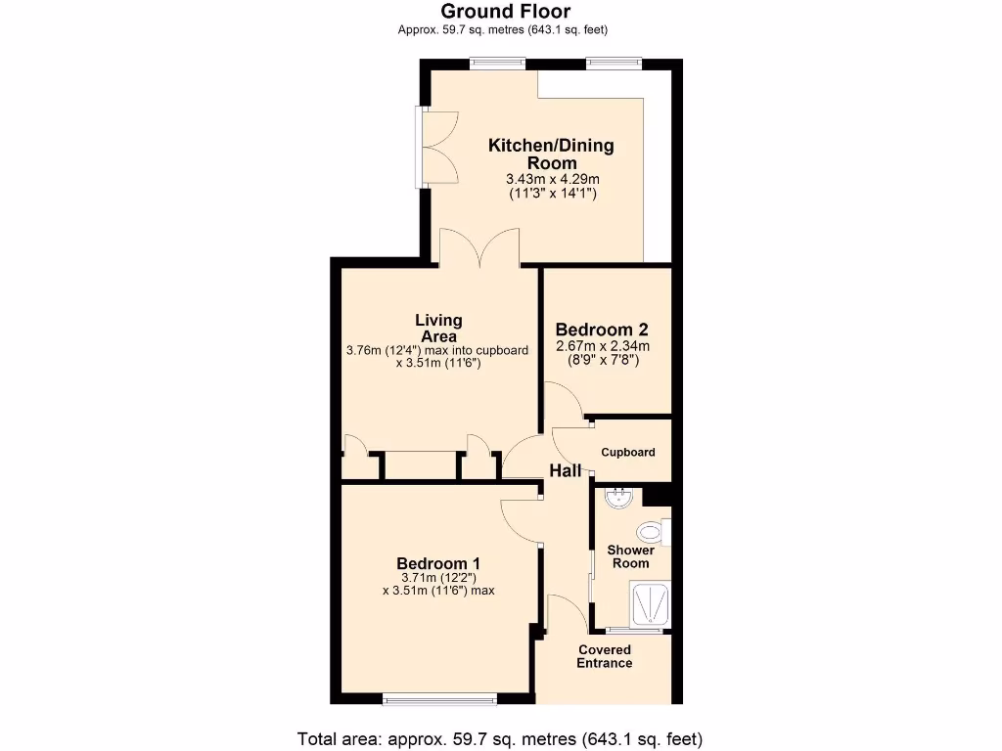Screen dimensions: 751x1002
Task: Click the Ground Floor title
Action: click(x=505, y=12)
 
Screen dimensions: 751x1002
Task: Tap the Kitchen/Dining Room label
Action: click(x=551, y=154)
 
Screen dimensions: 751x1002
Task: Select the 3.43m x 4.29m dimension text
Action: click(x=552, y=179)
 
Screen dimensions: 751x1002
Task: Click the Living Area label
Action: click(x=438, y=328)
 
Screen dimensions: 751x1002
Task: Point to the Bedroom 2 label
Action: click(x=601, y=330)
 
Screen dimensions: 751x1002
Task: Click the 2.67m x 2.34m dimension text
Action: click(x=602, y=346)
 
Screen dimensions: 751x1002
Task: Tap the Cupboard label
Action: click(x=627, y=452)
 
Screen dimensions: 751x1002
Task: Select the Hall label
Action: click(x=565, y=470)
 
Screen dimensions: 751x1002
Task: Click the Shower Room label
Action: click(x=630, y=556)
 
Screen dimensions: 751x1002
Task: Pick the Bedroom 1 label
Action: click(x=437, y=563)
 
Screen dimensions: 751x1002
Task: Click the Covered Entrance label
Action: click(x=605, y=656)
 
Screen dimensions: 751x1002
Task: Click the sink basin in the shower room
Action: click(x=619, y=499)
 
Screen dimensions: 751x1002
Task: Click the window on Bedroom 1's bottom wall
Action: click(x=439, y=698)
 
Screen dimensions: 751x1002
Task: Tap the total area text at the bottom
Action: click(x=500, y=738)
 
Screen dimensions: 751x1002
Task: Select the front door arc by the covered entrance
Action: click(x=567, y=613)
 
